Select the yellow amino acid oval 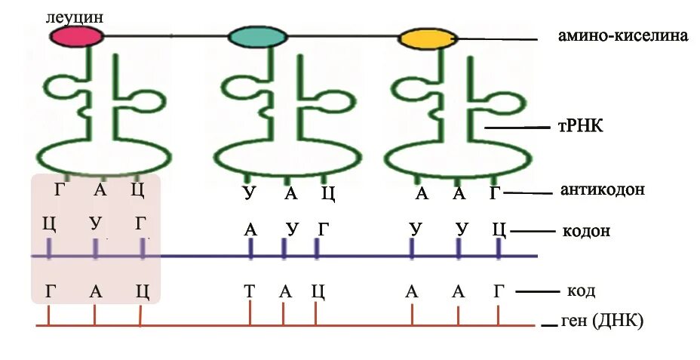point(428,38)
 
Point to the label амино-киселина point(622,36)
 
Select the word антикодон point(603,191)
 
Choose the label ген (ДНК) point(602,322)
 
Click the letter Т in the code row point(249,291)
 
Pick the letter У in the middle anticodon point(249,193)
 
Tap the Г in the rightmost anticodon point(495,193)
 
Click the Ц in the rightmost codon point(498,228)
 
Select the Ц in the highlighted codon point(50,223)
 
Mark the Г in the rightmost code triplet point(499,291)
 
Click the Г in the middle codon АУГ point(323,228)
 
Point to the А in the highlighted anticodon point(100,189)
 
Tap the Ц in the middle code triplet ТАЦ point(318,291)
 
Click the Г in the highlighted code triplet point(50,291)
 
